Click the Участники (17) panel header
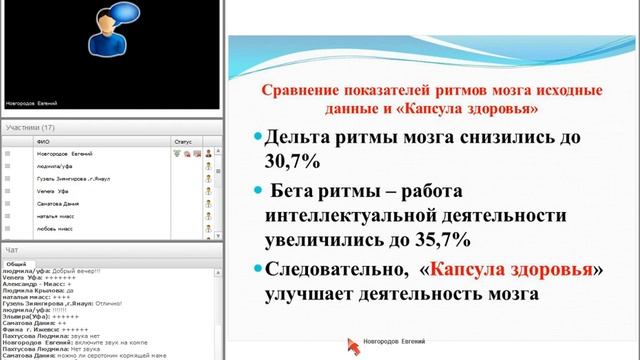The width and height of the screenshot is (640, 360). (30, 128)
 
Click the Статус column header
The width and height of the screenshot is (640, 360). (182, 142)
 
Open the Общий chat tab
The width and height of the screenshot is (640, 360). (17, 263)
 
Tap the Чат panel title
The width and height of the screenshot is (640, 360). (11, 249)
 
